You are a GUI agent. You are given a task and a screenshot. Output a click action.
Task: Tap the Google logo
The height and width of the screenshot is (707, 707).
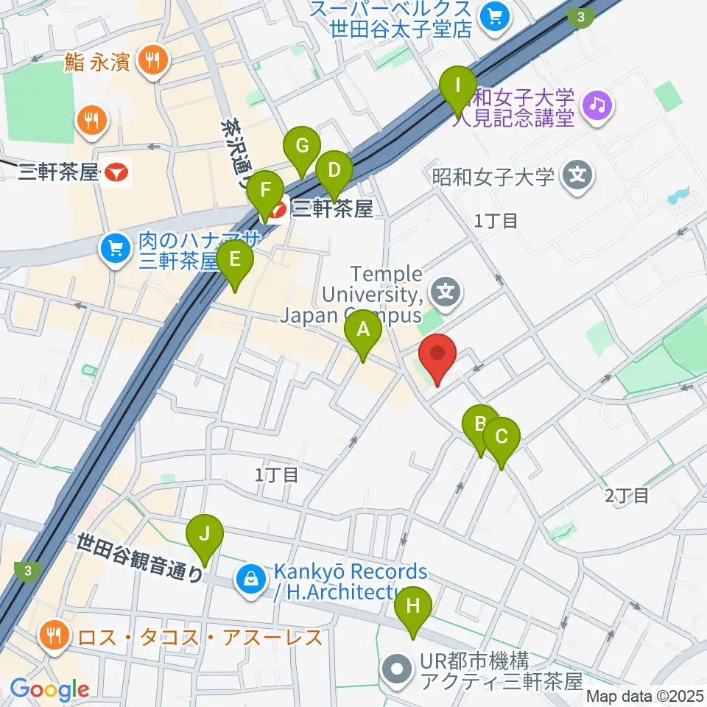click(x=49, y=689)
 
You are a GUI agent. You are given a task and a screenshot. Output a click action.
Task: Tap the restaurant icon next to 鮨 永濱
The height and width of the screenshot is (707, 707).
click(x=152, y=61)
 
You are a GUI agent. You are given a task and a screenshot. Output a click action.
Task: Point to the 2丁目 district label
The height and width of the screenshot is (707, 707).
click(x=627, y=496)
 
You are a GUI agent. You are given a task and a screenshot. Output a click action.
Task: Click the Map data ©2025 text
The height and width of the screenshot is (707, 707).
click(x=644, y=695)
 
